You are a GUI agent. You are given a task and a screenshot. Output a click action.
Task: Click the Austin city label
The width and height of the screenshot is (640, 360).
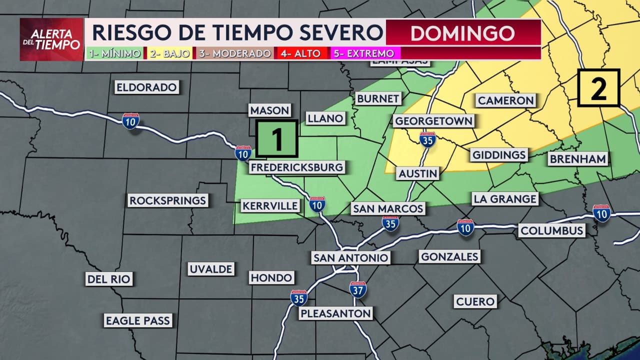pyautogui.click(x=418, y=173)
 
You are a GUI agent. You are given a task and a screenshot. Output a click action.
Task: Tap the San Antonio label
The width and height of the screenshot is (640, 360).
pyautogui.click(x=350, y=257)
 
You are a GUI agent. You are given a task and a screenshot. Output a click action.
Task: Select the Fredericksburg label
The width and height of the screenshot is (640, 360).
pyautogui.click(x=297, y=167)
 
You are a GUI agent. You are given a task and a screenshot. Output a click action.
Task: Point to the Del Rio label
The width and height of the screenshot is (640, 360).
pyautogui.click(x=108, y=279)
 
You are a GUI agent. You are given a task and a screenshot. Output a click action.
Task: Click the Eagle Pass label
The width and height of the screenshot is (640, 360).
pyautogui.click(x=137, y=320)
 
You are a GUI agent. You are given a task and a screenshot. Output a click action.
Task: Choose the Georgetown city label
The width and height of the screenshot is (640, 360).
pyautogui.click(x=433, y=121)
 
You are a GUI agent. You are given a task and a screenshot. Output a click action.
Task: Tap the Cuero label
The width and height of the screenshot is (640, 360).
pyautogui.click(x=475, y=301)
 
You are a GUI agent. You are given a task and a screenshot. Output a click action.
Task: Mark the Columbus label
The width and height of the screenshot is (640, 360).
pyautogui.click(x=551, y=230)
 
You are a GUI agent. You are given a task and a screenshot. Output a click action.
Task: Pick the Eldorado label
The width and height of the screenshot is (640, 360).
pyautogui.click(x=146, y=87)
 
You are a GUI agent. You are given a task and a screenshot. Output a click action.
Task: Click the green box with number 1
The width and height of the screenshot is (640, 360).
pyautogui.click(x=276, y=139)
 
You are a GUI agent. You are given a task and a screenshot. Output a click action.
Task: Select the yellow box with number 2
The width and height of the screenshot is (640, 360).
pyautogui.click(x=598, y=88)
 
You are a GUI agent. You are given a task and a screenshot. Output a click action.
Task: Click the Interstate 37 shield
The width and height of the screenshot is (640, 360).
pyautogui.click(x=358, y=289)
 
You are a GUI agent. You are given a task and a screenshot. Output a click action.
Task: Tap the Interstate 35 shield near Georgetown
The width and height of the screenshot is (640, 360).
pyautogui.click(x=427, y=139)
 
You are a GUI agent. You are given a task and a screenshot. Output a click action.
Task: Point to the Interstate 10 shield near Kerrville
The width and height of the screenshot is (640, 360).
pyautogui.click(x=317, y=204)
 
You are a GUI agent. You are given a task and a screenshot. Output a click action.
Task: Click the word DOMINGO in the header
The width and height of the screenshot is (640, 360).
pyautogui.click(x=462, y=33)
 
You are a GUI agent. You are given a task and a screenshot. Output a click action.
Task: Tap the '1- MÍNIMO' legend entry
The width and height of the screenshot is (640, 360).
pyautogui.click(x=114, y=53)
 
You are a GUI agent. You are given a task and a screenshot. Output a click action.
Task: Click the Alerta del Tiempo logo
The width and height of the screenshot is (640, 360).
pyautogui.click(x=51, y=39)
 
